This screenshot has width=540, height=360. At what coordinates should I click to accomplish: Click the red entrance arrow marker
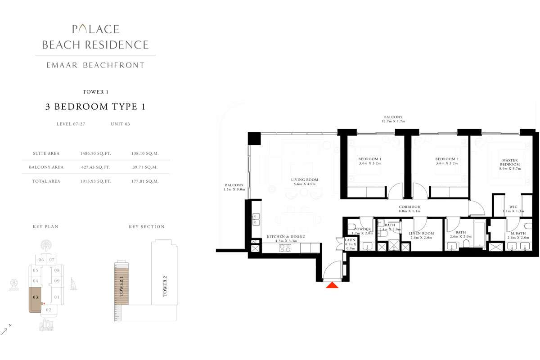(332, 285)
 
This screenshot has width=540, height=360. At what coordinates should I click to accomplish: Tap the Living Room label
(305, 180)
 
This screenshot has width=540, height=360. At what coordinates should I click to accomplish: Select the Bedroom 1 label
(370, 159)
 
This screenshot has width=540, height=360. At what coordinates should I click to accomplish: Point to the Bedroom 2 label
(447, 159)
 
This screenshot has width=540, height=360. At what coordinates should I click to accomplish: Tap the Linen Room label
(421, 234)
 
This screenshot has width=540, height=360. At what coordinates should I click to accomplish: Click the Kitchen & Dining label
(286, 237)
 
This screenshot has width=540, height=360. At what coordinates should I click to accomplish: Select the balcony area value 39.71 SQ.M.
(144, 167)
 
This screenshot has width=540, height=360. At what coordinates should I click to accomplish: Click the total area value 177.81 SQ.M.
(144, 181)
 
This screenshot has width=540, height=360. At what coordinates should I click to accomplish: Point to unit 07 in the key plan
(52, 260)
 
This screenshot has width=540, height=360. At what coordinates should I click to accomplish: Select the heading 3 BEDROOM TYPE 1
(95, 107)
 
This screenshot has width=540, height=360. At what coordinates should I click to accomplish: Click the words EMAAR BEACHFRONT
(95, 65)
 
